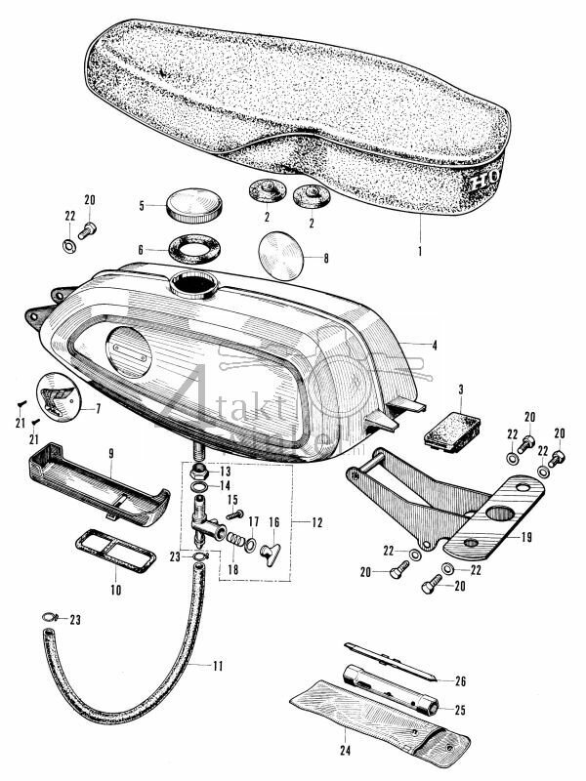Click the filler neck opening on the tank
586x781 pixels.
(x=190, y=286)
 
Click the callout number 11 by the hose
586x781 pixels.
(x=218, y=666)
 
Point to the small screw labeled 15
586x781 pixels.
(x=232, y=514)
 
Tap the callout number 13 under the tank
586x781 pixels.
(x=226, y=472)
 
